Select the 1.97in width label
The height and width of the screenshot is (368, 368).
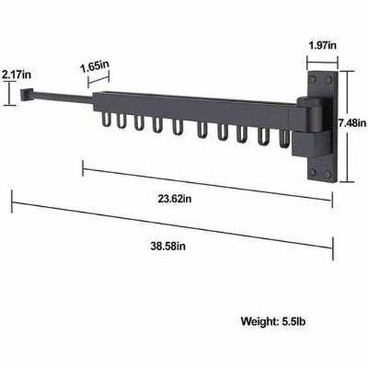[322, 46]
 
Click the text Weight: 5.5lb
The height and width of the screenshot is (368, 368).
[273, 322]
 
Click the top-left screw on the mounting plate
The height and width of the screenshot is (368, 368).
[311, 78]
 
